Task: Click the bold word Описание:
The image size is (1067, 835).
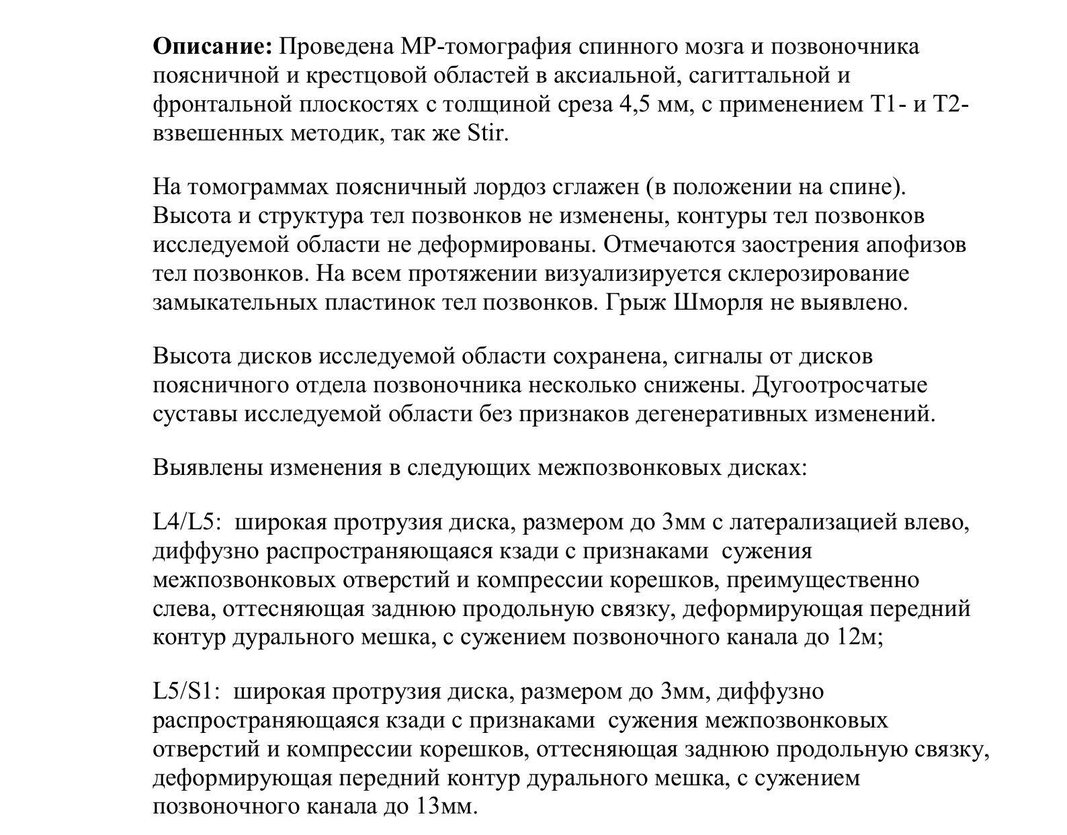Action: click(x=212, y=46)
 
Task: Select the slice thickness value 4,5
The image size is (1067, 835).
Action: click(x=632, y=105)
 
